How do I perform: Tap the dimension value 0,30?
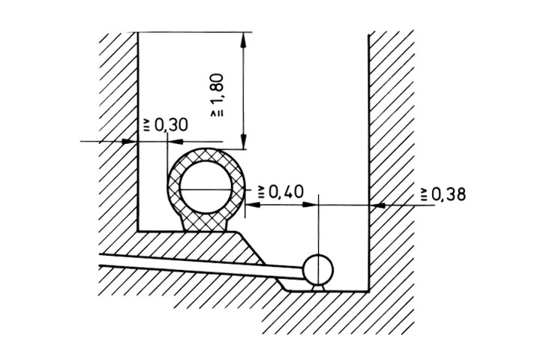pos(171,125)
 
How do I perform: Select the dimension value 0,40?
pos(286,191)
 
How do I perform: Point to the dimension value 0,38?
pos(448,194)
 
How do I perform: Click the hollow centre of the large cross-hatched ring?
pos(205,187)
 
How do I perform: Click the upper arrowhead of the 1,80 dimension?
pos(244,40)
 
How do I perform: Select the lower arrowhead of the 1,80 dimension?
pos(244,142)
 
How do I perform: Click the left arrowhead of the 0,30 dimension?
pos(130,141)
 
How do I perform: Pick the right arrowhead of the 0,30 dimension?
pos(175,141)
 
